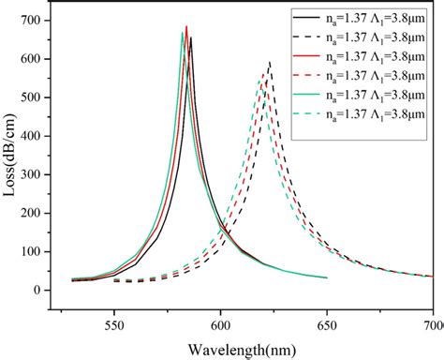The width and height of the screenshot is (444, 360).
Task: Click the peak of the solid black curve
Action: click(191, 37)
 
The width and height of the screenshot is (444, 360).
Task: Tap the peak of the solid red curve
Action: click(186, 26)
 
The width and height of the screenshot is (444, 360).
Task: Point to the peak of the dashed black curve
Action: click(270, 63)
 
